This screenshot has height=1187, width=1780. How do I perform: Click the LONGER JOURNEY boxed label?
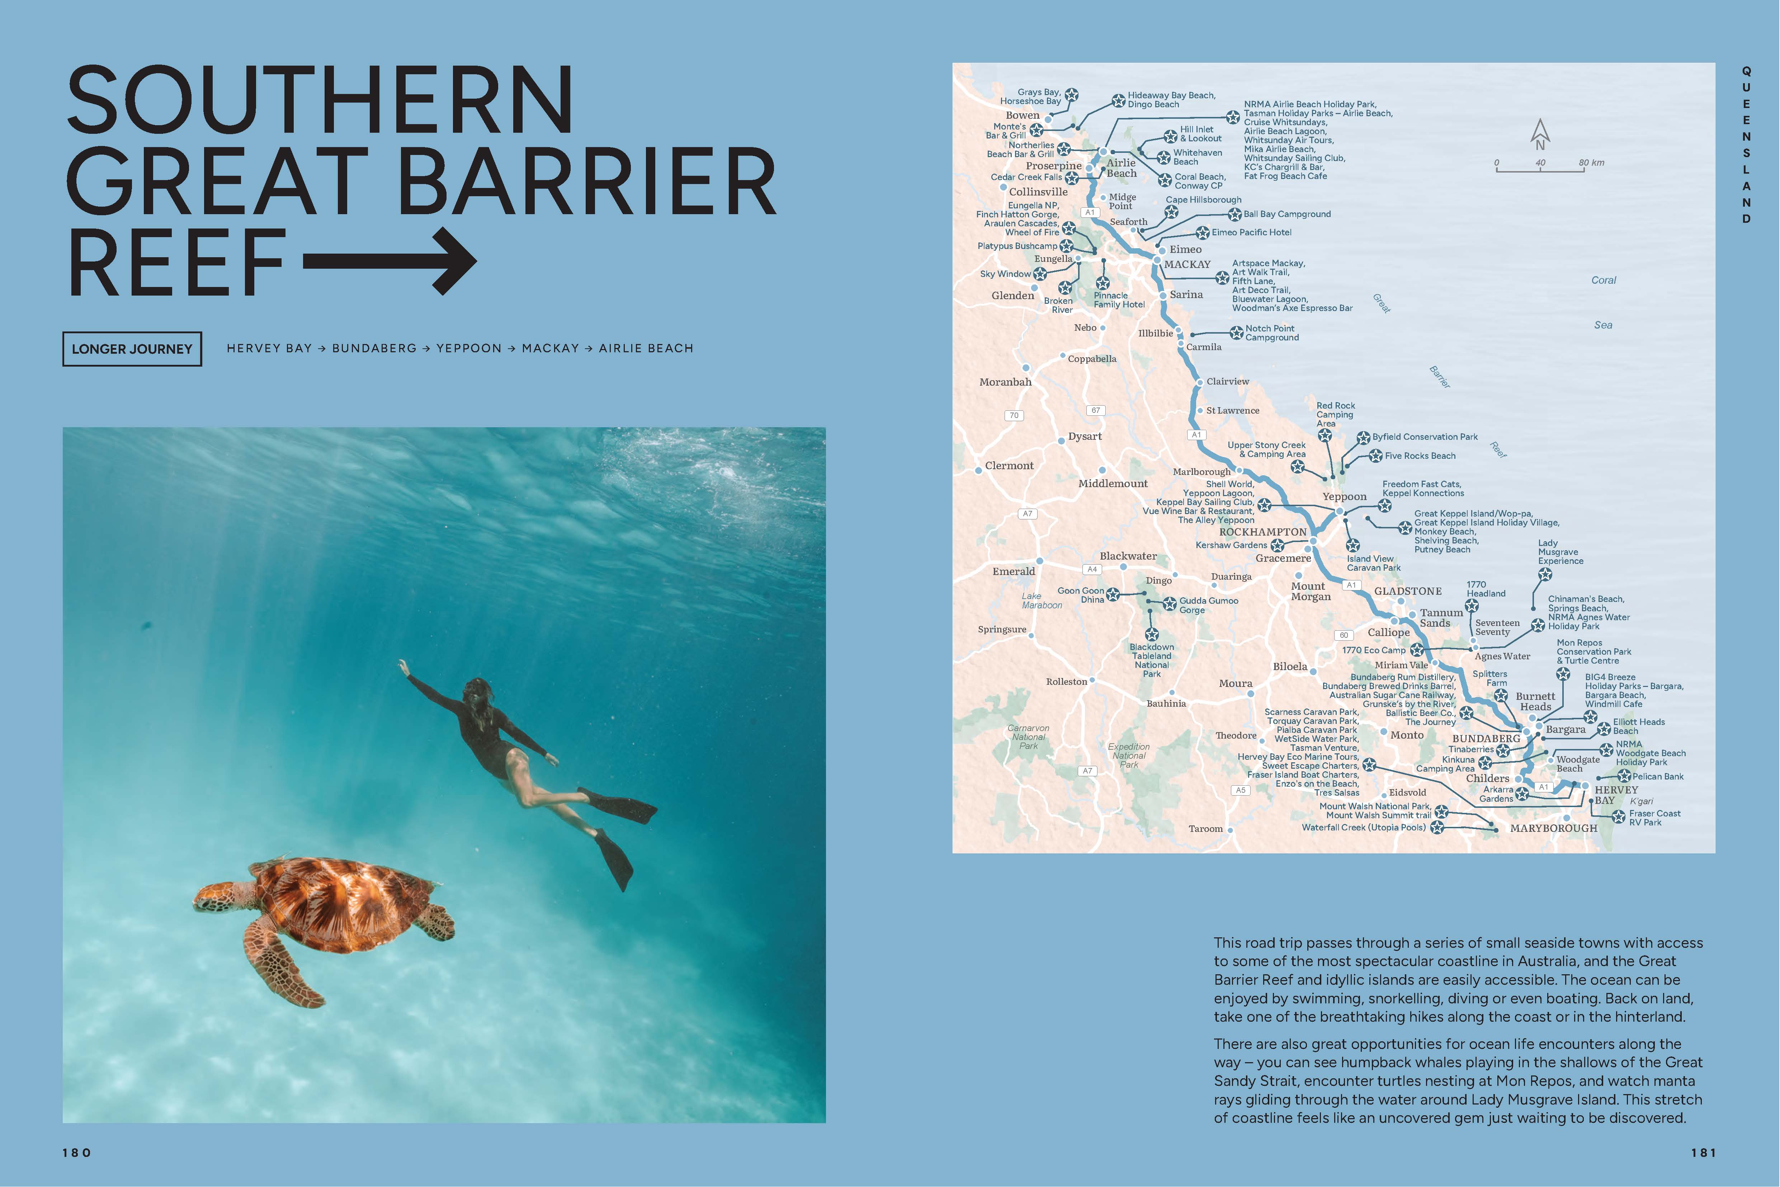click(x=132, y=349)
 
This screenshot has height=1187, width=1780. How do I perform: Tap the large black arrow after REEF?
click(x=390, y=261)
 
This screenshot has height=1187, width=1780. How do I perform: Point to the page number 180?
click(x=76, y=1152)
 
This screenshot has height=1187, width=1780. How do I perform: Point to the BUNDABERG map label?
click(x=1486, y=738)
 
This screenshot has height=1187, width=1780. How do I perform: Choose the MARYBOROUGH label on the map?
click(x=1553, y=828)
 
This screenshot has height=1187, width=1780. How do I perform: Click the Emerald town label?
click(x=1013, y=571)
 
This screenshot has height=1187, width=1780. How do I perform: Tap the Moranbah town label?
click(x=1005, y=382)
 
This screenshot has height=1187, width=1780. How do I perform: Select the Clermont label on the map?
click(x=1009, y=466)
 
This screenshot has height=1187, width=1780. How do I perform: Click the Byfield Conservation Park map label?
click(x=1424, y=437)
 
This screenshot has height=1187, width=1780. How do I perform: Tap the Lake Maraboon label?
click(x=1042, y=600)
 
